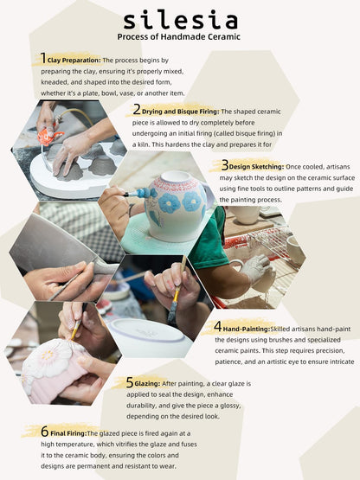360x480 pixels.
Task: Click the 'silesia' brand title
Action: click(181, 21)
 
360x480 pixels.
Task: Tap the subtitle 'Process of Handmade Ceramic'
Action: click(178, 36)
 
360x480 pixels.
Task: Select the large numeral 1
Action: click(43, 58)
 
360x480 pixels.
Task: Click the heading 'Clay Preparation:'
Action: click(74, 61)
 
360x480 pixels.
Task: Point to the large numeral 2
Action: click(137, 109)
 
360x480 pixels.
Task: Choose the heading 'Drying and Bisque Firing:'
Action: click(181, 112)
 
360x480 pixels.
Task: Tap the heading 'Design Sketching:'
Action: click(256, 167)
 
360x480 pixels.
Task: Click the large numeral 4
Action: click(217, 326)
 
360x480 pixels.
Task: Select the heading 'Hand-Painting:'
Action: click(247, 330)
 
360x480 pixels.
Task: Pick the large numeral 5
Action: click(130, 382)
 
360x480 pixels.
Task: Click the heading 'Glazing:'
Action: click(147, 384)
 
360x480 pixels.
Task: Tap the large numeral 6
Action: click(45, 432)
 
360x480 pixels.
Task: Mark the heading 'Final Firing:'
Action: click(68, 433)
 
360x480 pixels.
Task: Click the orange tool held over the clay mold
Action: click(48, 136)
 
